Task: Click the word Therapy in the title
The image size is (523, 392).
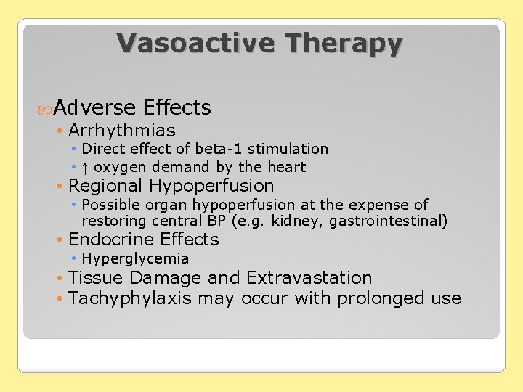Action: [344, 44]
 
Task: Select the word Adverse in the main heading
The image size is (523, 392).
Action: [94, 108]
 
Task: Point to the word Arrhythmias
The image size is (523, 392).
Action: [122, 131]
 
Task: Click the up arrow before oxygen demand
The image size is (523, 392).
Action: [85, 167]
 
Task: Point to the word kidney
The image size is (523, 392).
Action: [299, 221]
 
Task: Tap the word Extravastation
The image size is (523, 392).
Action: [309, 278]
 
